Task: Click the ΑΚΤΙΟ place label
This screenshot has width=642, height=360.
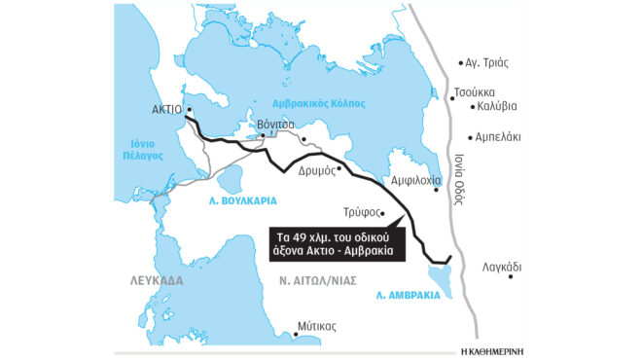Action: click(167, 110)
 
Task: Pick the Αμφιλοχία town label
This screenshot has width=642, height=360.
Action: click(416, 181)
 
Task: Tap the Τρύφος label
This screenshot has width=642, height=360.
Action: click(360, 211)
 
